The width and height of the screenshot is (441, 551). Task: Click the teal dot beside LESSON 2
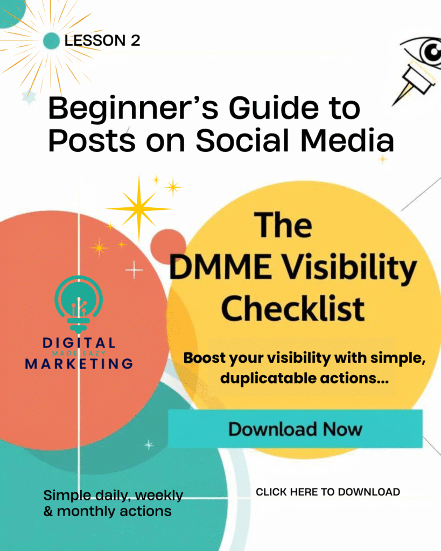pos(51,40)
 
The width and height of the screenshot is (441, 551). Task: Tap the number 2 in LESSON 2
pos(135,40)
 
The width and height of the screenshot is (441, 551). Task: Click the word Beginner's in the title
pos(129,109)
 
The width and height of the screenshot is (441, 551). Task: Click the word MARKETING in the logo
pos(79,364)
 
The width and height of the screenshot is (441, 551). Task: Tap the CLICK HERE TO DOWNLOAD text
pos(327,492)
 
